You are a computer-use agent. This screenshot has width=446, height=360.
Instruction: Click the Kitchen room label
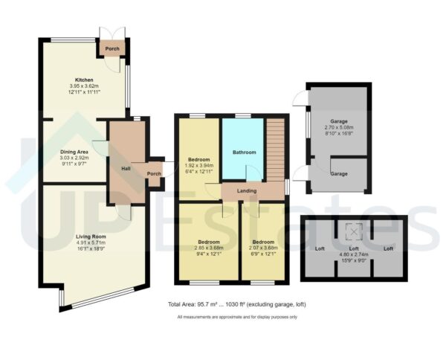point(83,79)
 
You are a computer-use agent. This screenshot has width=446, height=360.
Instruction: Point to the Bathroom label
point(243,152)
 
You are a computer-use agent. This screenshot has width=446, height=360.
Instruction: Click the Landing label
point(246,191)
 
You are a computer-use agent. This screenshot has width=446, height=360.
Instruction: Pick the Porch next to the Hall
point(154,174)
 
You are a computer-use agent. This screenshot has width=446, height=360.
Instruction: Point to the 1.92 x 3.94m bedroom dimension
point(198,166)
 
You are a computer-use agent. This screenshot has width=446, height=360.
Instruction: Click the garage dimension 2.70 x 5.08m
point(339,127)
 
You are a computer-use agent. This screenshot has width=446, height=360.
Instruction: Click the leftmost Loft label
point(320,248)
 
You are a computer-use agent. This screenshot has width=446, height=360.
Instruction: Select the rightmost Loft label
point(387,248)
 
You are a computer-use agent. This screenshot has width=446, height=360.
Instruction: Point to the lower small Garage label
point(339,173)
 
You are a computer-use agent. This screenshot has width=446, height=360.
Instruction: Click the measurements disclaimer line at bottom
point(236,318)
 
